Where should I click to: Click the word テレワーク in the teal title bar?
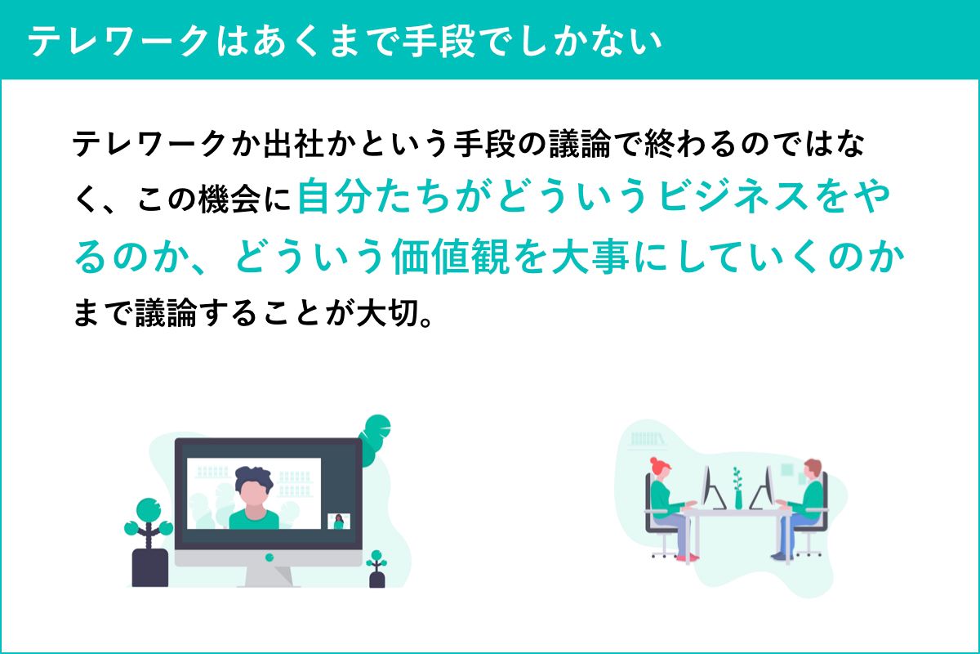[118, 41]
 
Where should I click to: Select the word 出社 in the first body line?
[292, 144]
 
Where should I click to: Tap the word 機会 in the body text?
[229, 199]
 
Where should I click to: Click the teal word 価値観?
[451, 257]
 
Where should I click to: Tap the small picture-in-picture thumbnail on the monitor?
[339, 522]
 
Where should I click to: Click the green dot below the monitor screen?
[269, 558]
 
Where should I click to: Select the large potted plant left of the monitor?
[149, 542]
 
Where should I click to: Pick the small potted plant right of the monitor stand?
[376, 569]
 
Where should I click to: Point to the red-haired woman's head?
[660, 468]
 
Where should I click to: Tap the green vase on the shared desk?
[738, 500]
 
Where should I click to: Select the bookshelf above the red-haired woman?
[648, 439]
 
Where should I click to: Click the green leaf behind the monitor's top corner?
[375, 440]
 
